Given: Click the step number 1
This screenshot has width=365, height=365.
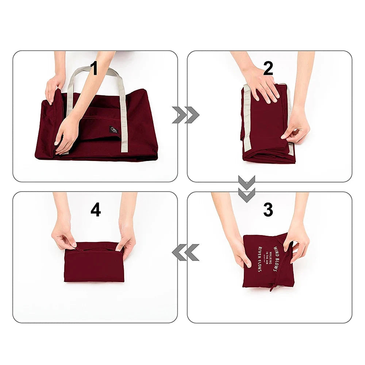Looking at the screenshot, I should (x=94, y=69).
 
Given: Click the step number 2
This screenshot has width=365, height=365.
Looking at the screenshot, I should (x=268, y=69).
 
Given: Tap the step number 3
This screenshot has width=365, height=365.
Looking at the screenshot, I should (x=268, y=210).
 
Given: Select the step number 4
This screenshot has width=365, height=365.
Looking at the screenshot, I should (x=96, y=210).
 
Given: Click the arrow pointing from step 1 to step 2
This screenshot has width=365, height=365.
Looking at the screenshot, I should (x=185, y=115).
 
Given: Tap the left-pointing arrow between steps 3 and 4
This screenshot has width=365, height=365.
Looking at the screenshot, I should (x=185, y=252).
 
